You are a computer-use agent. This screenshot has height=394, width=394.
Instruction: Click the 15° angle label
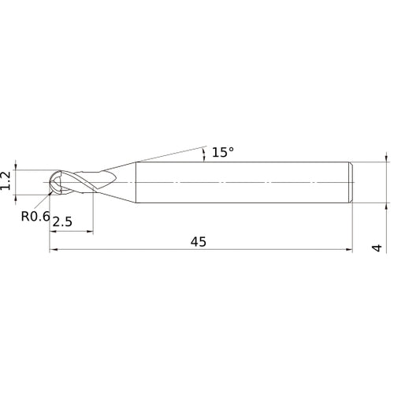[223, 152]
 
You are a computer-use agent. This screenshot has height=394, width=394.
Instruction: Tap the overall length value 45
[198, 242]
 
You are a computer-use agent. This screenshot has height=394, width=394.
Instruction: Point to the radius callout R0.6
[35, 214]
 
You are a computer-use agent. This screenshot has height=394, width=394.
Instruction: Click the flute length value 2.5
[62, 223]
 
